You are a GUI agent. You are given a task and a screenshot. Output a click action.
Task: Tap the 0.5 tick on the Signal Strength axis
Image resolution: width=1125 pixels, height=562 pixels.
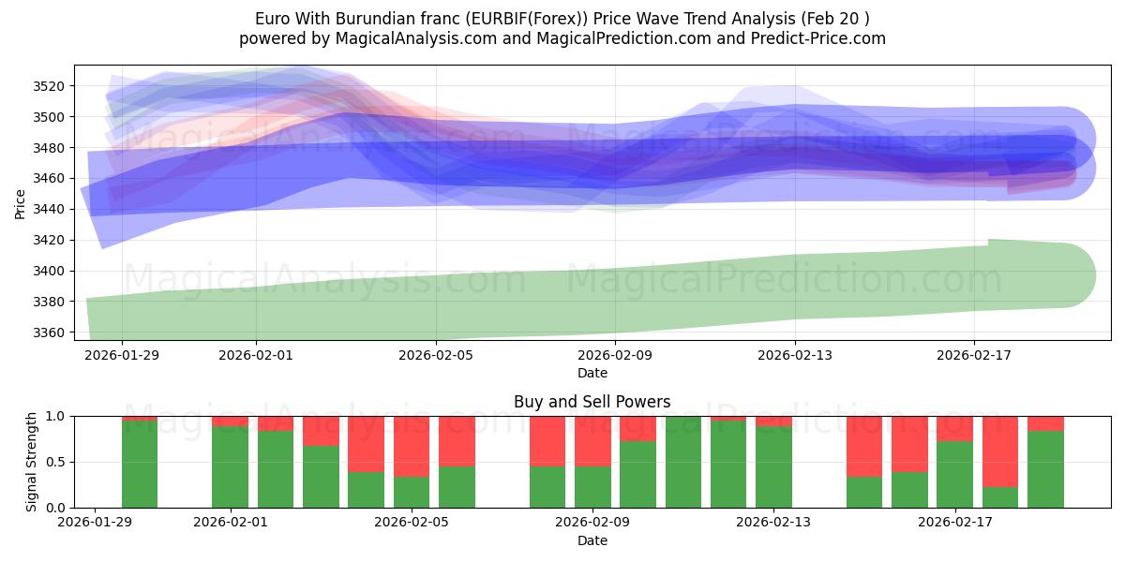point(55,462)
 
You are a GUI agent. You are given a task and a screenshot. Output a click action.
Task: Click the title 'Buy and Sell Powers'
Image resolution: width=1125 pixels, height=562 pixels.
point(592,402)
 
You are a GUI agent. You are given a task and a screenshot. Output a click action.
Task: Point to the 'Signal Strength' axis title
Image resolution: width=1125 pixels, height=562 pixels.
point(31,462)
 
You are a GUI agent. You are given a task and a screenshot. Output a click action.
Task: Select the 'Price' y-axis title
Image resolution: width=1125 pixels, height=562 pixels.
point(21,202)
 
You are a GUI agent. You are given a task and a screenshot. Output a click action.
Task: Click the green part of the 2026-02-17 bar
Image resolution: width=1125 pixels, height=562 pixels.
point(954,474)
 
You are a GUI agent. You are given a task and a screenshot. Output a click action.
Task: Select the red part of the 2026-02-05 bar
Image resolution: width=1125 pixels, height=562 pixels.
point(412,446)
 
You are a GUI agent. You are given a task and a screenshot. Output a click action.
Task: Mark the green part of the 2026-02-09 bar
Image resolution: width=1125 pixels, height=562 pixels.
point(592,487)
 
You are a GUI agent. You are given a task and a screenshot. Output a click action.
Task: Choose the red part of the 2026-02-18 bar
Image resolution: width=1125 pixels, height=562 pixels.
point(999,451)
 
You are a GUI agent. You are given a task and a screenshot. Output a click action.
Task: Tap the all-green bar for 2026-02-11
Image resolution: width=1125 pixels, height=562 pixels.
point(683,462)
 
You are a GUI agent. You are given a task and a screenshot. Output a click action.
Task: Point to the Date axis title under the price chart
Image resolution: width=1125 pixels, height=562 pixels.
point(592,373)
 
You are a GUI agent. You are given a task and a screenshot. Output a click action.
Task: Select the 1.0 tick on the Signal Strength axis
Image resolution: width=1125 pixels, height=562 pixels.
point(55,416)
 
